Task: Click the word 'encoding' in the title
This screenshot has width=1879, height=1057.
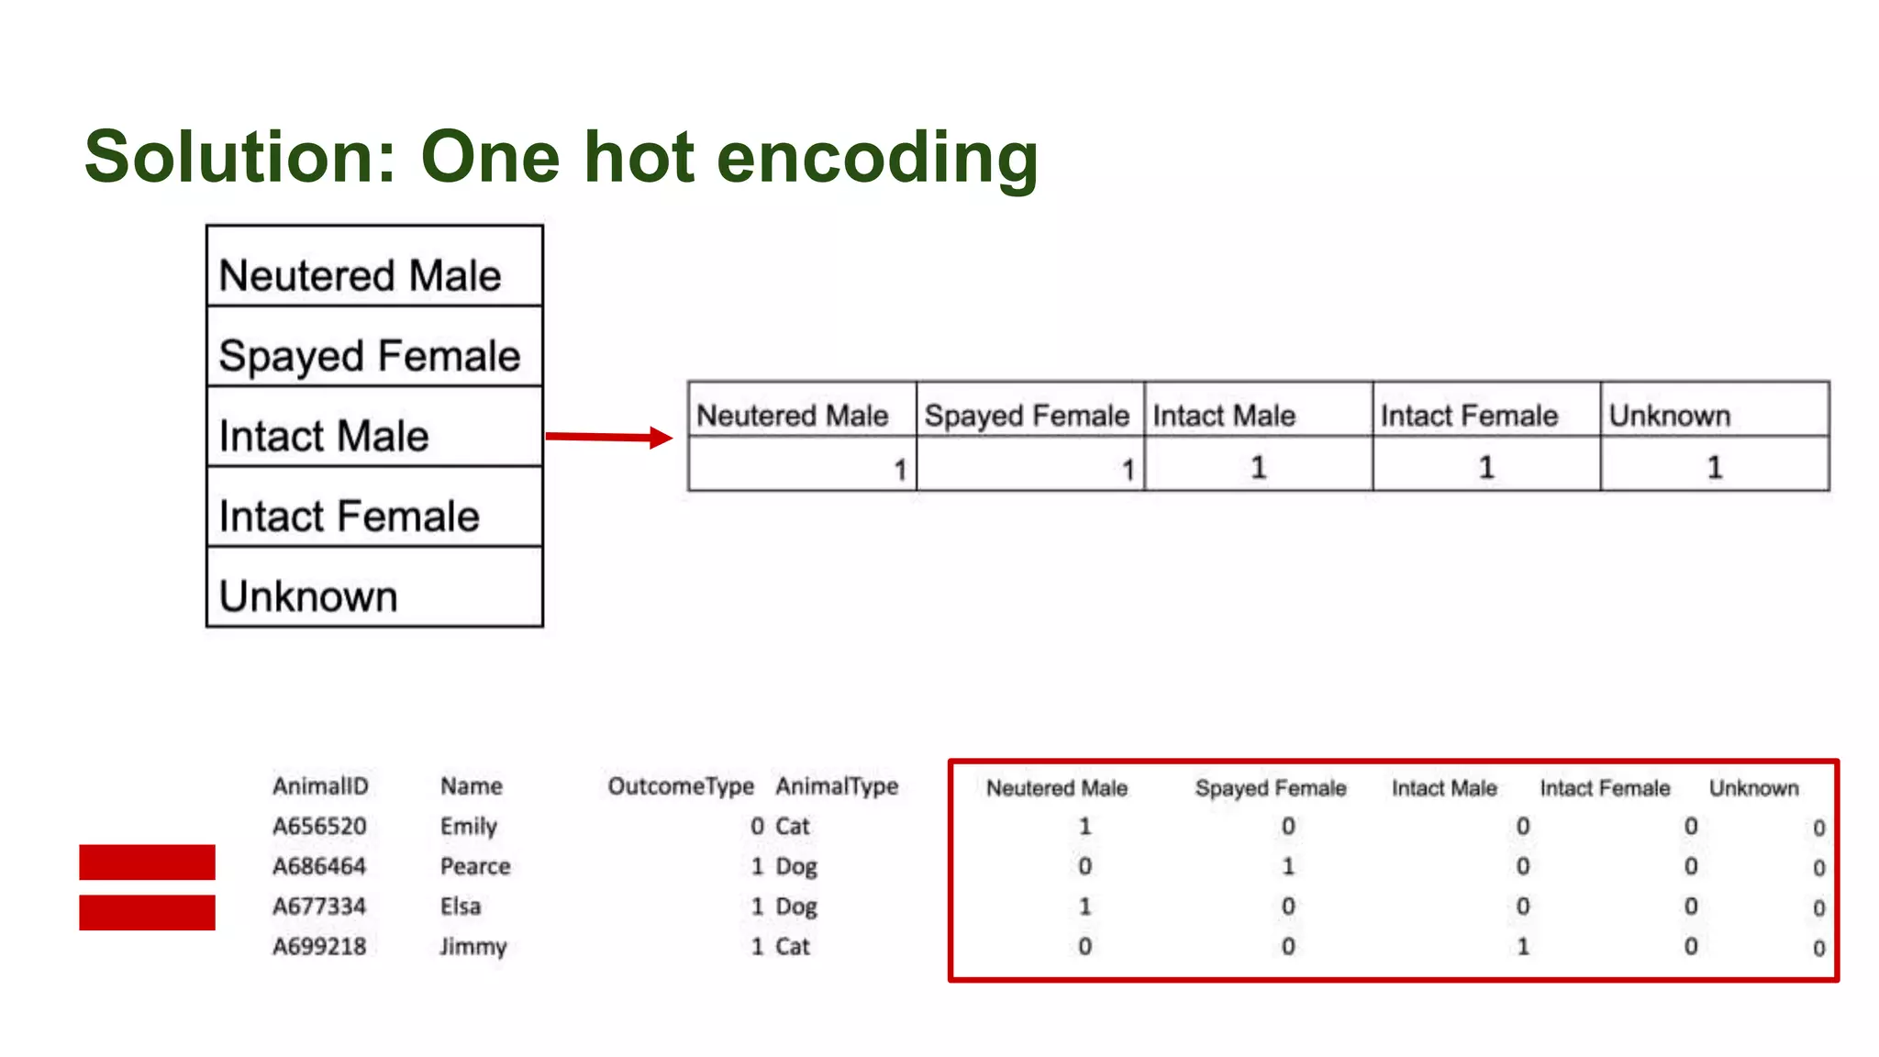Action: tap(876, 158)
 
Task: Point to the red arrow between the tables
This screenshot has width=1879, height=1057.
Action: tap(609, 437)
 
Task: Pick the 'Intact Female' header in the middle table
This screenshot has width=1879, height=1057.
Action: tap(1469, 416)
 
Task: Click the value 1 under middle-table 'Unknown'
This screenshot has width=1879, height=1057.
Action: tap(1714, 468)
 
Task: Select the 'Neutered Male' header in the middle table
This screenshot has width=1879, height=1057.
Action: tap(793, 416)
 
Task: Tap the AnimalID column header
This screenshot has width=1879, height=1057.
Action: tap(320, 786)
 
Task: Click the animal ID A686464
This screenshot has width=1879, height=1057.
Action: tap(319, 866)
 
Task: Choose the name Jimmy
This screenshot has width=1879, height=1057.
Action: tap(473, 946)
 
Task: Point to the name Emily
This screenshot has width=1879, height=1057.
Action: tap(469, 826)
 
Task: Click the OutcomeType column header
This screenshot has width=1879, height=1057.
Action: tap(681, 786)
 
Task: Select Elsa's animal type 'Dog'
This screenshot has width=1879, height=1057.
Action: tap(796, 907)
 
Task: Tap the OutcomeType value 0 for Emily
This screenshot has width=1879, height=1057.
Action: tap(757, 826)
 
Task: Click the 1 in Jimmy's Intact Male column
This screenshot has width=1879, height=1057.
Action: tap(1523, 946)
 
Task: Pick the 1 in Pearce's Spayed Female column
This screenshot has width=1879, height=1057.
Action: tap(1288, 866)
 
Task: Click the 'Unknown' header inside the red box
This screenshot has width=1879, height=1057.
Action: tap(1753, 788)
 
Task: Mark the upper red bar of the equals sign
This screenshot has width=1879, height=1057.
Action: tap(147, 862)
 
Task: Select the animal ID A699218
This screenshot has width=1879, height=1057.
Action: tap(319, 946)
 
